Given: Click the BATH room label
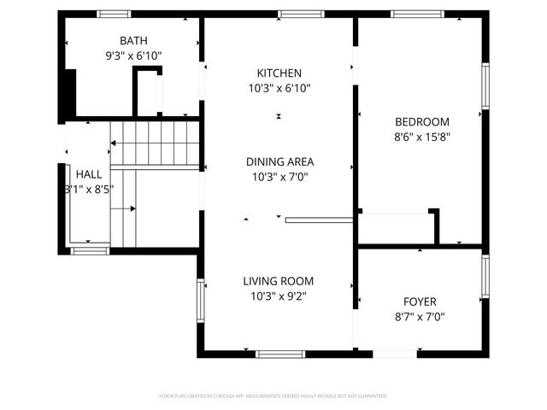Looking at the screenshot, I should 133,41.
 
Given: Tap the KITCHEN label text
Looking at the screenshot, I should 279,73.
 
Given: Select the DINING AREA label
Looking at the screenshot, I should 279,161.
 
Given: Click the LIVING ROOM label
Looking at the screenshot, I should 278,281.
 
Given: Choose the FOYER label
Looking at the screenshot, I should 420,302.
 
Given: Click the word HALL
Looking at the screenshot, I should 88,173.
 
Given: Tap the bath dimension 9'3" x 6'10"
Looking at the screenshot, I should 133,56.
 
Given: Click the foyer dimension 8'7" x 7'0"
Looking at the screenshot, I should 420,316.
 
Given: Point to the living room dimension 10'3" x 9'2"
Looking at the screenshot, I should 278,296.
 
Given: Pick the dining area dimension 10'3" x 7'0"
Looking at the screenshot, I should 279,177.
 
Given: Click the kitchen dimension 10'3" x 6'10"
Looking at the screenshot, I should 279,88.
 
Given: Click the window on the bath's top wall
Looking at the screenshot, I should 114,14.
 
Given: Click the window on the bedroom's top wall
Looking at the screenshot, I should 417,14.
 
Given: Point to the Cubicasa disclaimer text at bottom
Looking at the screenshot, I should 273,396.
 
